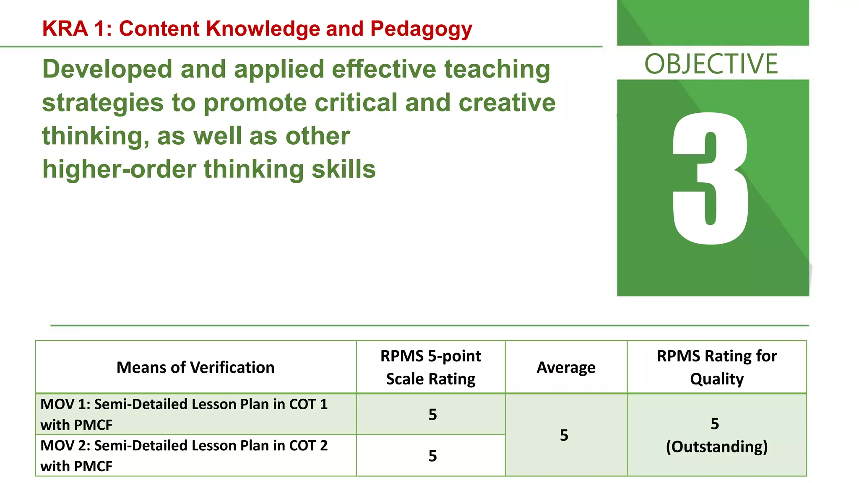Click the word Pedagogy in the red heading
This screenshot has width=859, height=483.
[421, 29]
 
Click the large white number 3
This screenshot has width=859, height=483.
[711, 179]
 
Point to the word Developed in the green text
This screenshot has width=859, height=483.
[107, 69]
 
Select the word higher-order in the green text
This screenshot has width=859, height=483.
[119, 169]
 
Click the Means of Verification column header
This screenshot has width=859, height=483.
[195, 367]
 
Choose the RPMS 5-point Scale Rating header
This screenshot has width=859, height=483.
[431, 367]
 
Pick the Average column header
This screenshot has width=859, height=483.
[566, 367]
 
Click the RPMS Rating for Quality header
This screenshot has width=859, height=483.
[717, 367]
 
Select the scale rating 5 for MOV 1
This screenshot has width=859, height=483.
[432, 414]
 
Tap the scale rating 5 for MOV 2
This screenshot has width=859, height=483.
[432, 456]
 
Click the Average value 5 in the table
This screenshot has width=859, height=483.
[564, 435]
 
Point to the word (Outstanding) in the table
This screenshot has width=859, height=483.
[717, 447]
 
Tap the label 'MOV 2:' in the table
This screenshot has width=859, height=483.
[65, 446]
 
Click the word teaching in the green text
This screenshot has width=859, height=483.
[497, 69]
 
